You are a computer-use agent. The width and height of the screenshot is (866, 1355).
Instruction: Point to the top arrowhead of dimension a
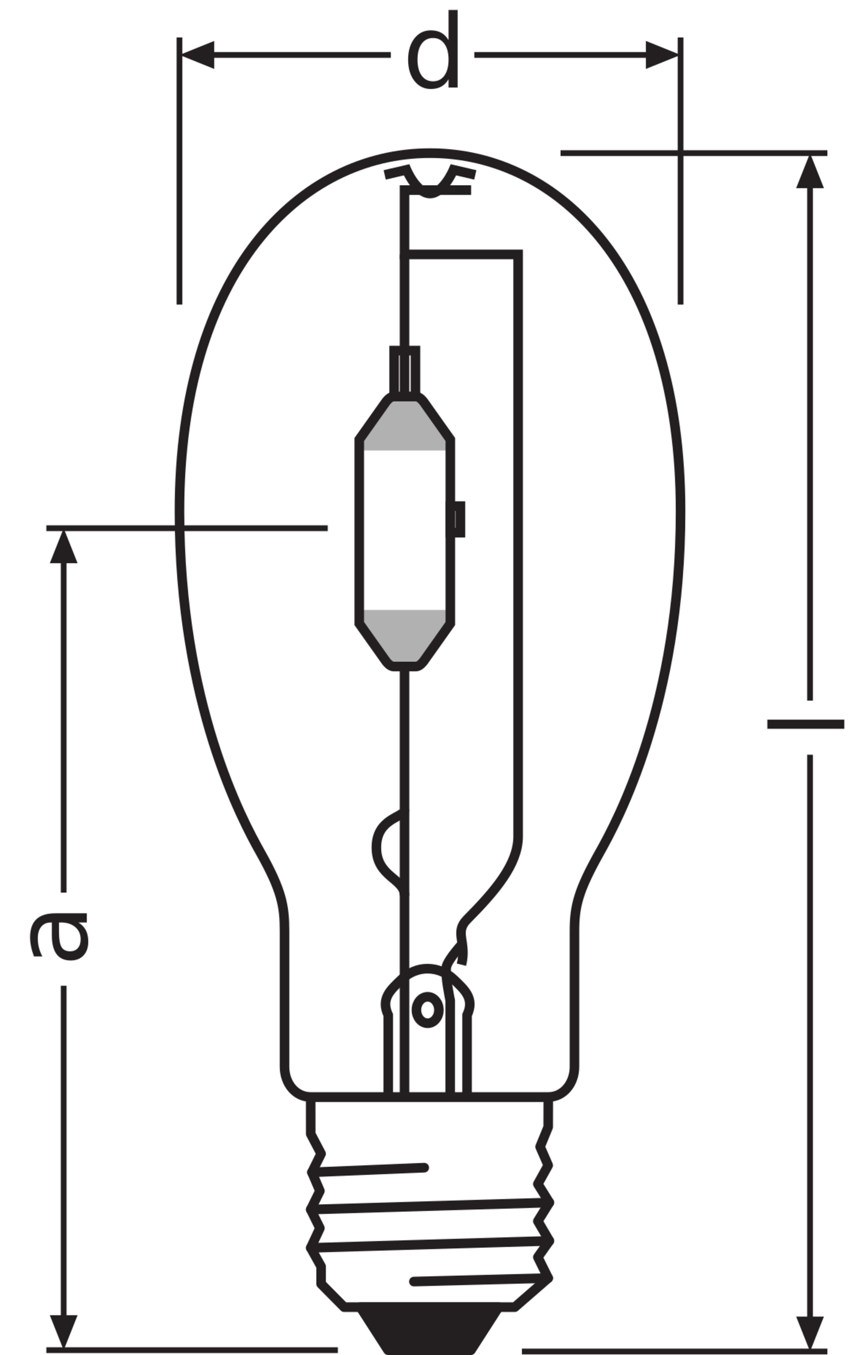[x=64, y=547]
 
